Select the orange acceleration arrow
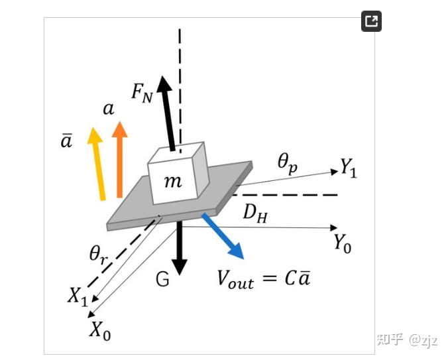point(119,159)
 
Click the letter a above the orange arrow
point(109,107)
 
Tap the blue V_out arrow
point(223,235)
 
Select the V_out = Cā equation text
point(264,278)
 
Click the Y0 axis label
point(342,244)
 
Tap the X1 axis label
point(77,296)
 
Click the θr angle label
point(100,253)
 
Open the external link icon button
point(371,22)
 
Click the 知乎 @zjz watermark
point(407,340)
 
